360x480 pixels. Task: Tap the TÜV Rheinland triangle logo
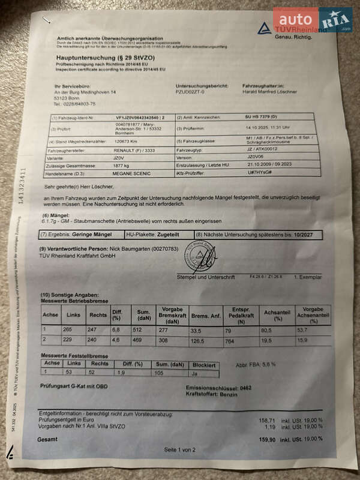(x=265, y=28)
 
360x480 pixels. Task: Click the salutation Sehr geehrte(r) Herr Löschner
(x=78, y=188)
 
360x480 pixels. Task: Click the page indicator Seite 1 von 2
(x=180, y=450)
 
